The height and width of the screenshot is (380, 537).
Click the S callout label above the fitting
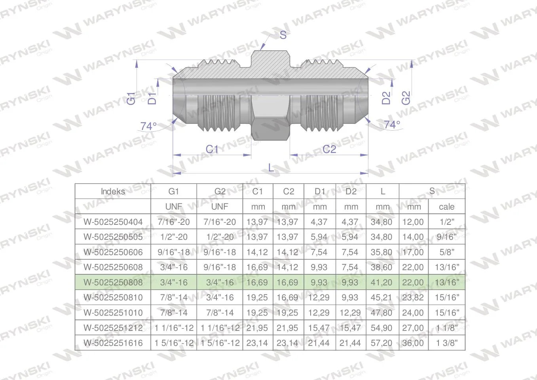[283, 35]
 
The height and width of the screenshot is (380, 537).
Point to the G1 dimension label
[131, 98]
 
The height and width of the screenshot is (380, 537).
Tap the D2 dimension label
[386, 98]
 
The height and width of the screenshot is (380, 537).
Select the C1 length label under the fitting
[212, 149]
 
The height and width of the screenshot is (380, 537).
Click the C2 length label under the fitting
[329, 149]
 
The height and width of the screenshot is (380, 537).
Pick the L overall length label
[271, 167]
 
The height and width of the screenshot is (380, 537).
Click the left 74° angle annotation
[149, 126]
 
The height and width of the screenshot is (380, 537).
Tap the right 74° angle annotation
[392, 125]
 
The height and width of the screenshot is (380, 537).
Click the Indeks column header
[113, 192]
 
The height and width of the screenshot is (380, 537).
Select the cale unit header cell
[447, 207]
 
